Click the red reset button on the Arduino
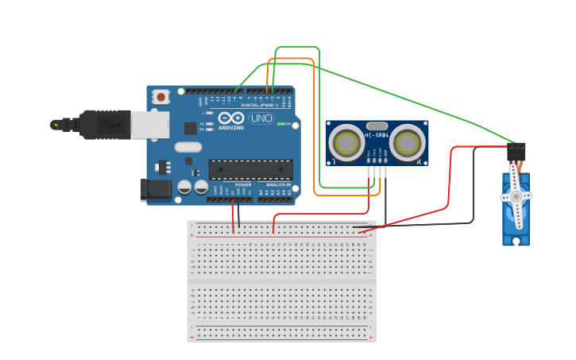click(x=161, y=97)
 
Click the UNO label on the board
click(x=261, y=118)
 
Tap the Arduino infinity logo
click(x=231, y=118)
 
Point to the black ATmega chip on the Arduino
click(x=250, y=169)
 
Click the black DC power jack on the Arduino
click(x=155, y=189)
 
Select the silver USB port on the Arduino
click(x=150, y=125)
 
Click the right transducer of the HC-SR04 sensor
click(x=407, y=143)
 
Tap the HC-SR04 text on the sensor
click(x=377, y=135)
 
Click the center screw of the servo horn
click(x=516, y=195)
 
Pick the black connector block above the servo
click(x=516, y=150)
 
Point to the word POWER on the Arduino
click(x=243, y=185)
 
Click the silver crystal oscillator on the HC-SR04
click(x=377, y=126)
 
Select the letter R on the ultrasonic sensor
click(x=418, y=161)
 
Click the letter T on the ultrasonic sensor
click(x=334, y=161)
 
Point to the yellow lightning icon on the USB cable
click(x=56, y=125)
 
